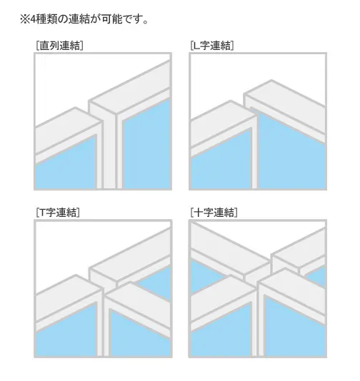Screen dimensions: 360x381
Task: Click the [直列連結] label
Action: [59, 46]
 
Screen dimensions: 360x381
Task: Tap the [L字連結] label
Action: [212, 46]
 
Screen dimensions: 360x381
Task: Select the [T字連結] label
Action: [58, 213]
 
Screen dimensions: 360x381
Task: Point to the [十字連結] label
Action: [214, 213]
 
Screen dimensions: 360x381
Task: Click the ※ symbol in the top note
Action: [25, 19]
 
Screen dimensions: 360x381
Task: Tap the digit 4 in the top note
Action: [33, 19]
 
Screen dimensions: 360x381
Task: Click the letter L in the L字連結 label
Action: [196, 46]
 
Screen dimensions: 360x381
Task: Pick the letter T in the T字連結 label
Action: [42, 213]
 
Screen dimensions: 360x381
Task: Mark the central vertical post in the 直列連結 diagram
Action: [109, 151]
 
